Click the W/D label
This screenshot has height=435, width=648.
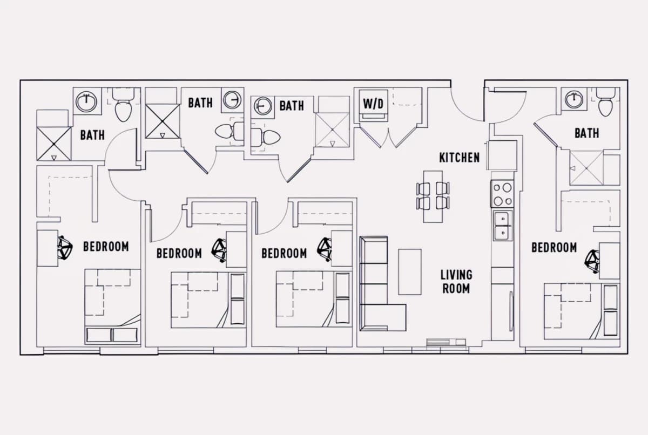click(x=373, y=104)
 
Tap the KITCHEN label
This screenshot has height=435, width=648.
click(x=460, y=158)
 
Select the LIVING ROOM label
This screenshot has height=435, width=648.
click(x=456, y=282)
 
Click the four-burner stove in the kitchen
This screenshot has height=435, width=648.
click(x=502, y=194)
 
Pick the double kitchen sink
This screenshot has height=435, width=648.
click(x=503, y=226)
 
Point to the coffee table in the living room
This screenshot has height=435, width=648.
click(x=410, y=272)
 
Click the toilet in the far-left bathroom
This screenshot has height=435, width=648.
click(x=123, y=105)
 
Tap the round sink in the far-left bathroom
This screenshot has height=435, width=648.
click(x=86, y=102)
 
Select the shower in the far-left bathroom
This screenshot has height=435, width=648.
click(x=54, y=144)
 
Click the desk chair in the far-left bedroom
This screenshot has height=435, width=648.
click(x=65, y=248)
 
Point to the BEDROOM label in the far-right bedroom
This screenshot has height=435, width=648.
click(x=554, y=247)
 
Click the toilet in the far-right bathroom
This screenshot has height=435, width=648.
click(x=606, y=102)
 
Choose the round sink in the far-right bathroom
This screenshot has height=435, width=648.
click(x=574, y=99)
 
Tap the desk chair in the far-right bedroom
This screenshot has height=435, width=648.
click(x=592, y=262)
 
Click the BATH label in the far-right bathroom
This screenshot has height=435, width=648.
click(x=586, y=133)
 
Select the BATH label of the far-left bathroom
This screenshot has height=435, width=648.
click(x=92, y=135)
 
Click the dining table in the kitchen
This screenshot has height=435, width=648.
click(x=433, y=196)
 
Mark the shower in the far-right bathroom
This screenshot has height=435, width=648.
click(x=586, y=168)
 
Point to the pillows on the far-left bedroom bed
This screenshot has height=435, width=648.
click(x=112, y=335)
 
